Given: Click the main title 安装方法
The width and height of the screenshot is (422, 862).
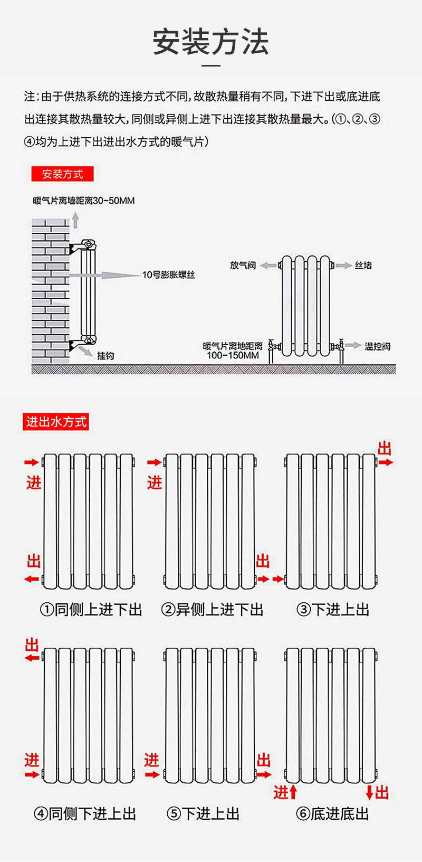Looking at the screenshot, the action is tap(211, 42).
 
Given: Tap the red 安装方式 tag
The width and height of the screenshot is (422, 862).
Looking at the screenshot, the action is tap(62, 174).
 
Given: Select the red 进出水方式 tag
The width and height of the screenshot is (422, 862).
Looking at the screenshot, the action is tap(56, 422).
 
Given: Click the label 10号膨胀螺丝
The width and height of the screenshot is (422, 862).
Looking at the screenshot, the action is tap(168, 274).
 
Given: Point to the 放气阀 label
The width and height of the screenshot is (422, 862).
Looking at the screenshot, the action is tap(243, 265).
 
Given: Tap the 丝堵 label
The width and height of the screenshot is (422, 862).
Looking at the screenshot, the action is tap(363, 265).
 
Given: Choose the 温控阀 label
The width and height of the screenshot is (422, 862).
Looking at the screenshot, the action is tap(378, 346).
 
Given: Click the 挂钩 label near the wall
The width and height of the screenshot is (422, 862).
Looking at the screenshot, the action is tap(105, 355).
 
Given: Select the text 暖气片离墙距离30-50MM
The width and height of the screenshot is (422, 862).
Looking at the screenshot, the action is tap(84, 201).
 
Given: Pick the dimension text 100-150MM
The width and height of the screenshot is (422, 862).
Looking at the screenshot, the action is tap(233, 355).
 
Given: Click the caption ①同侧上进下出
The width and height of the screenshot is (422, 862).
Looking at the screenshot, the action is tap(91, 610).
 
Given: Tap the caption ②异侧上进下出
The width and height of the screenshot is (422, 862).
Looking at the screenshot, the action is tap(212, 610).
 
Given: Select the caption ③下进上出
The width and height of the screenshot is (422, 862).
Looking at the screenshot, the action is tap(333, 610).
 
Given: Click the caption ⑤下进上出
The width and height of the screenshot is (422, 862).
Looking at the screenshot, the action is tap(203, 813).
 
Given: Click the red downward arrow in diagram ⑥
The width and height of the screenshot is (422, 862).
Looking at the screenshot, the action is tap(369, 792).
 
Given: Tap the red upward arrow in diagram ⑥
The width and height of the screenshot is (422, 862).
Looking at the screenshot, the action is tap(293, 792).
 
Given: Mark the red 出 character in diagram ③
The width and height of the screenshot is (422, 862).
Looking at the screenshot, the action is tap(385, 449).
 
